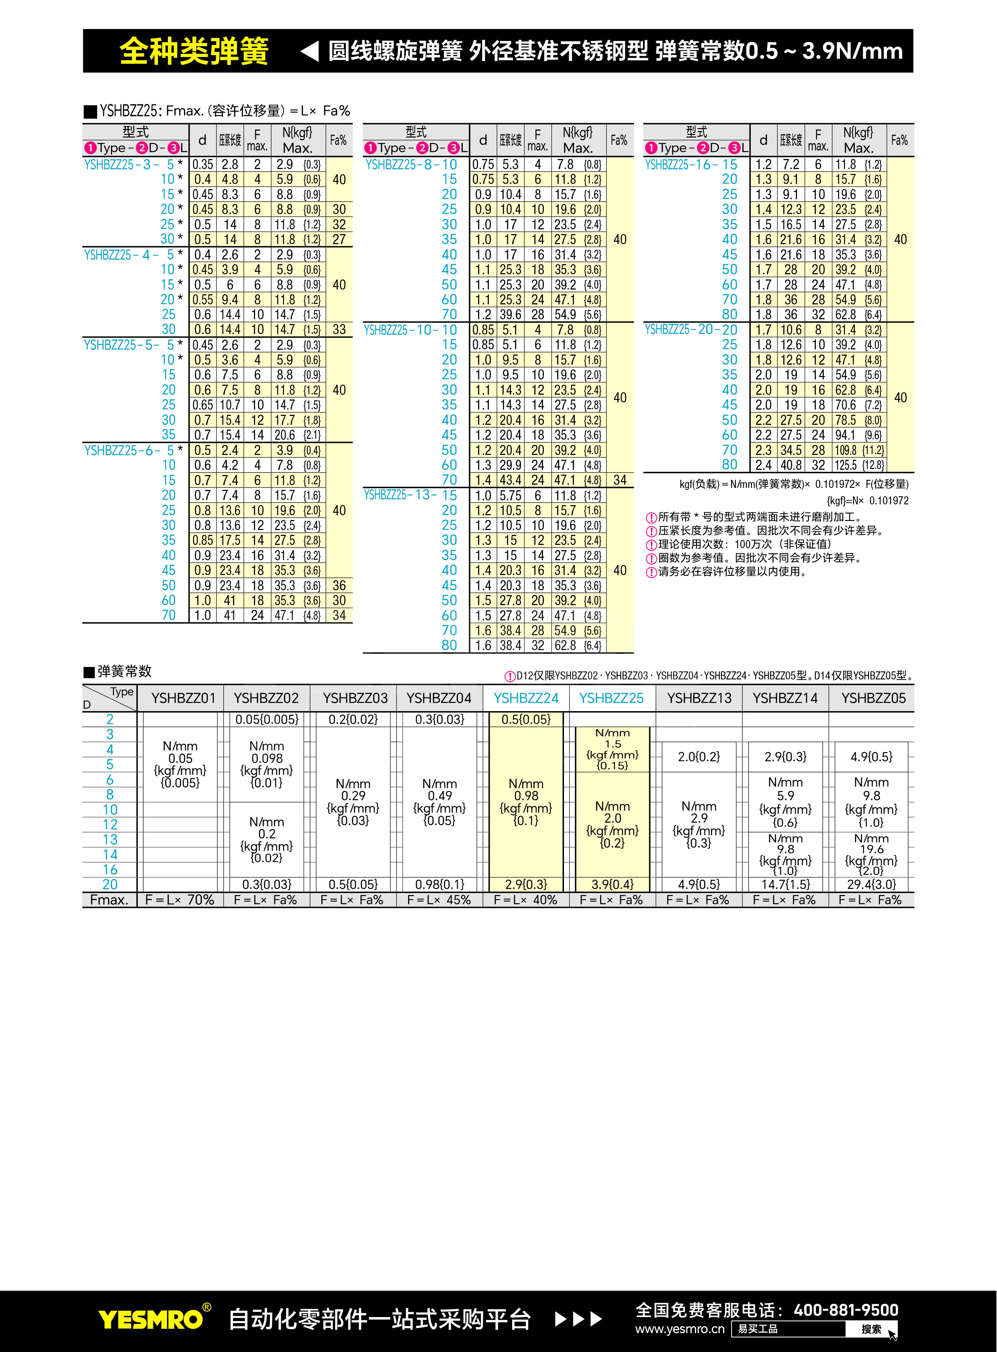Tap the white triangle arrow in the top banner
coord(310,51)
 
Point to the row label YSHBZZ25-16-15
coord(691,165)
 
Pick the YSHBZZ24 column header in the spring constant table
coord(526,698)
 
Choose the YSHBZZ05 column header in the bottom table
coord(873,698)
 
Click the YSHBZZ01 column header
coord(183,698)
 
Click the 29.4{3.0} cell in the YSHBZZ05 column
coord(871,885)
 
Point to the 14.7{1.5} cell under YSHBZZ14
coord(785,885)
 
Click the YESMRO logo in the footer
coord(151,1319)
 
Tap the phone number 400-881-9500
coord(846,1310)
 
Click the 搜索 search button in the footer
coord(871,1329)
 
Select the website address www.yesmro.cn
coord(680,1329)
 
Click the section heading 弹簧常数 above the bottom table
coord(124,671)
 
